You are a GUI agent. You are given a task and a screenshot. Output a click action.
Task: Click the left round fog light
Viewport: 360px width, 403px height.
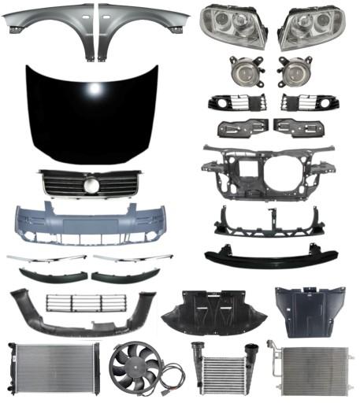[x=242, y=72]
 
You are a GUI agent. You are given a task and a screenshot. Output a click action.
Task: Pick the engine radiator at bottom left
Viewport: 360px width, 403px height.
[x=52, y=368]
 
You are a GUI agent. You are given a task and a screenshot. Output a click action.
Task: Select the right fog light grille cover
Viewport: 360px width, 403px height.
[x=302, y=102]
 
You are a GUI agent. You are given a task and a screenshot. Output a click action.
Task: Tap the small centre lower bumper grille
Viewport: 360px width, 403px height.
[x=86, y=303]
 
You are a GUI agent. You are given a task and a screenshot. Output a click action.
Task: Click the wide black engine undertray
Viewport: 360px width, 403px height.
[x=213, y=312]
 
